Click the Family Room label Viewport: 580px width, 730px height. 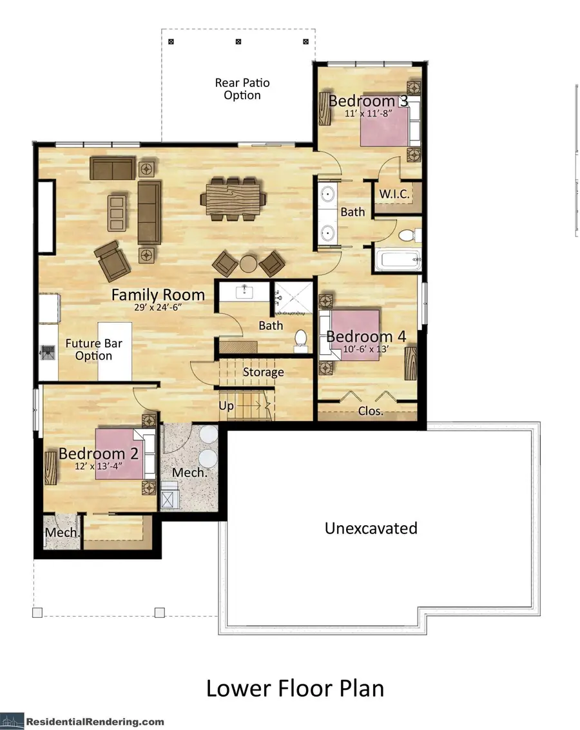coord(158,295)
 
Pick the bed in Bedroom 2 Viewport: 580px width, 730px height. coord(122,454)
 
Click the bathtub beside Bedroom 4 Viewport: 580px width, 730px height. coord(397,261)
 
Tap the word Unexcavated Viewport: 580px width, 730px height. coord(371,528)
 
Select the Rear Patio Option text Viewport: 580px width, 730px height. coord(242,89)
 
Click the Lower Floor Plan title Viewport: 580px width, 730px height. coord(295,687)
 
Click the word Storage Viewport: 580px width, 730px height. coord(263,372)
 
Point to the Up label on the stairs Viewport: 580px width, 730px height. coord(227,407)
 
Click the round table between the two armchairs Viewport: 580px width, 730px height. coord(249,263)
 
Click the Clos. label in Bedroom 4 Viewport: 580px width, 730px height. coord(371,410)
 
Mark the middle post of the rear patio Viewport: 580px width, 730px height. coord(238,42)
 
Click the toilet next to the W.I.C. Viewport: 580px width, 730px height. coord(407,235)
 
